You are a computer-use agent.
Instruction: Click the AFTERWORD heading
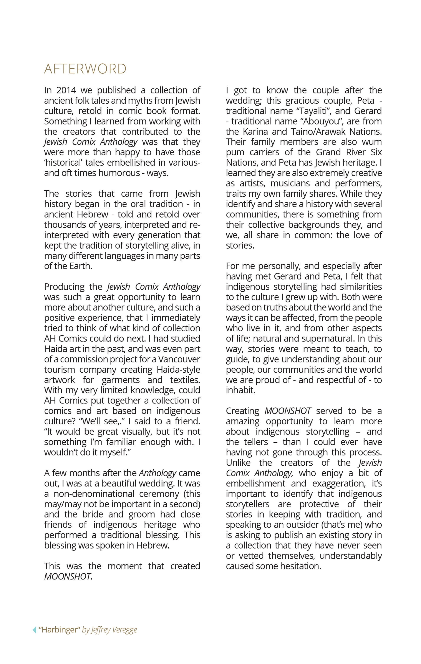click(x=85, y=69)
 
